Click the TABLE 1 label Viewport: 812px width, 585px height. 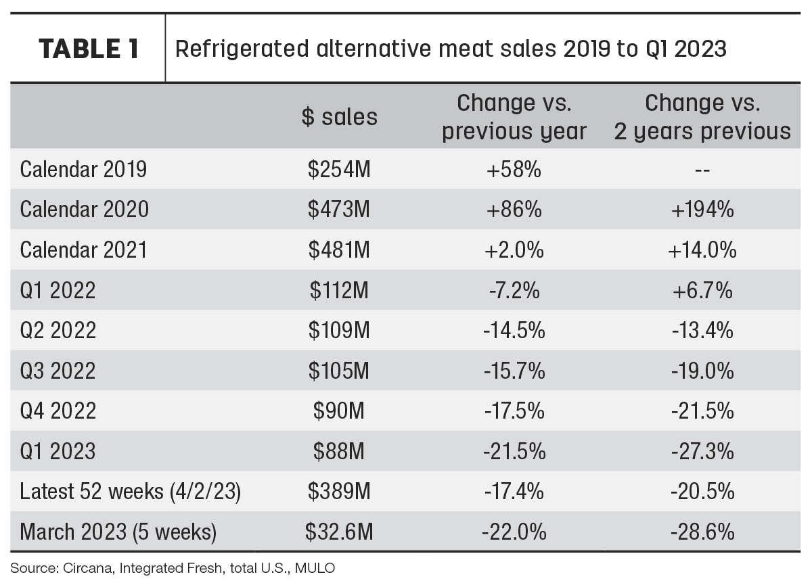pyautogui.click(x=89, y=49)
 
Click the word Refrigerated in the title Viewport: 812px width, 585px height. pyautogui.click(x=242, y=49)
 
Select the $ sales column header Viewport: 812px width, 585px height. pyautogui.click(x=339, y=116)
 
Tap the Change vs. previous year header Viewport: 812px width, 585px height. pyautogui.click(x=514, y=116)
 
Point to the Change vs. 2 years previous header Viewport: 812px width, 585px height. pyautogui.click(x=702, y=116)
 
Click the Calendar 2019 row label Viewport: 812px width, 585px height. pyautogui.click(x=83, y=169)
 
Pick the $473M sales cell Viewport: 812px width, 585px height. pyautogui.click(x=339, y=210)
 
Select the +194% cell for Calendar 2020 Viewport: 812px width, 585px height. pyautogui.click(x=702, y=210)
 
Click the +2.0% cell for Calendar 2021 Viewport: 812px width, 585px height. pyautogui.click(x=514, y=250)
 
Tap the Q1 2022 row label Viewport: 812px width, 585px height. pyautogui.click(x=58, y=290)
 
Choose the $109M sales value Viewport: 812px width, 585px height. pyautogui.click(x=339, y=330)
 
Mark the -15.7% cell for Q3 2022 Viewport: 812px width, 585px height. pyautogui.click(x=514, y=371)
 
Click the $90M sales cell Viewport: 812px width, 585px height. pyautogui.click(x=339, y=411)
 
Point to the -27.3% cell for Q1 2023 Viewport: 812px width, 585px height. pyautogui.click(x=702, y=451)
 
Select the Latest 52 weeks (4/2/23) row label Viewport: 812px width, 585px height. pyautogui.click(x=130, y=492)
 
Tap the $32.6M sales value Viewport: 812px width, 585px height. pyautogui.click(x=339, y=532)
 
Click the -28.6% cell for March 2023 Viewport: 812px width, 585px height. pyautogui.click(x=702, y=532)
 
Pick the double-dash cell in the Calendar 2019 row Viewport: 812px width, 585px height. pyautogui.click(x=702, y=170)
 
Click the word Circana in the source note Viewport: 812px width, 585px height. pyautogui.click(x=89, y=568)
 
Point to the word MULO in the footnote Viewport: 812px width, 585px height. pyautogui.click(x=315, y=568)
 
